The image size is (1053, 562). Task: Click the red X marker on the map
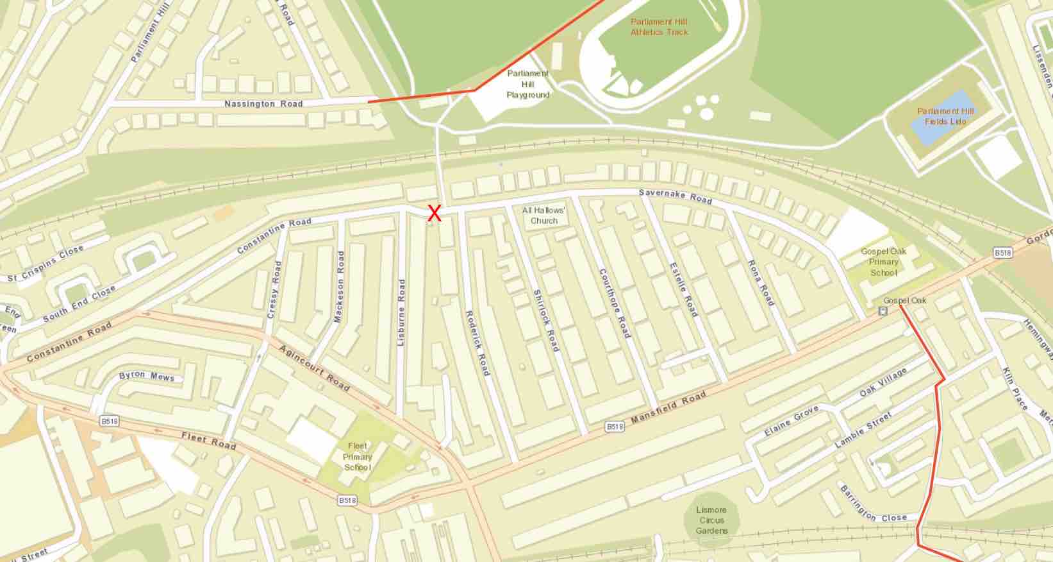tap(435, 213)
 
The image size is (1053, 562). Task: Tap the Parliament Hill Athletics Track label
tap(659, 27)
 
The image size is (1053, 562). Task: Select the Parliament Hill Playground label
tap(528, 84)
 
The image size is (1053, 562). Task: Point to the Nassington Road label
tap(263, 104)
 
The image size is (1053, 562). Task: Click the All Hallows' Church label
tap(543, 216)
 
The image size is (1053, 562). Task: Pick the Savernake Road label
tap(675, 197)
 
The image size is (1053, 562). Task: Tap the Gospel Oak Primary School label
tap(883, 262)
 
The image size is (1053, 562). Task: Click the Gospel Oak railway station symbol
tap(883, 312)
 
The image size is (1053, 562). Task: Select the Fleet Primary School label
tap(358, 456)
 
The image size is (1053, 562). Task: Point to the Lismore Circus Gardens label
tap(711, 520)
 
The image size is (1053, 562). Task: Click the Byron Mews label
tap(147, 376)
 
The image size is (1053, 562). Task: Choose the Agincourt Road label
tap(314, 368)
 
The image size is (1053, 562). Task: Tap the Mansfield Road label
tap(668, 408)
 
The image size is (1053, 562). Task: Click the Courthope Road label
tap(615, 303)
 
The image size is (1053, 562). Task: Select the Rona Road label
tap(761, 283)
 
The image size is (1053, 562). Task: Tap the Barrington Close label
tap(872, 506)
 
